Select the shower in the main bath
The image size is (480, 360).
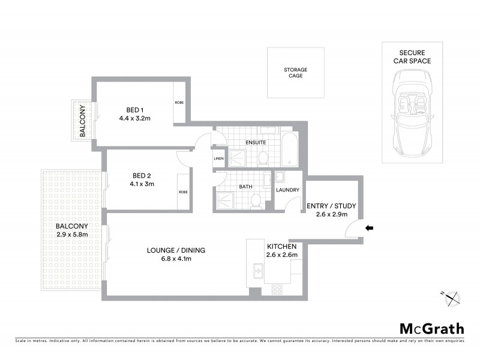coord(226,200)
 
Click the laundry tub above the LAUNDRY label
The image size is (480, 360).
coord(279,177)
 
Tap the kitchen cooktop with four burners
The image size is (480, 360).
coord(278,289)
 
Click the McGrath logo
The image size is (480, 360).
coord(431,328)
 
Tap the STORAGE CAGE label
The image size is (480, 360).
coord(295,73)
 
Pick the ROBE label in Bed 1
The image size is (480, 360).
coord(179,103)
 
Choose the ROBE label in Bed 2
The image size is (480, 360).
coord(182,192)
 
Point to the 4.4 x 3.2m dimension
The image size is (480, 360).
coord(134,118)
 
